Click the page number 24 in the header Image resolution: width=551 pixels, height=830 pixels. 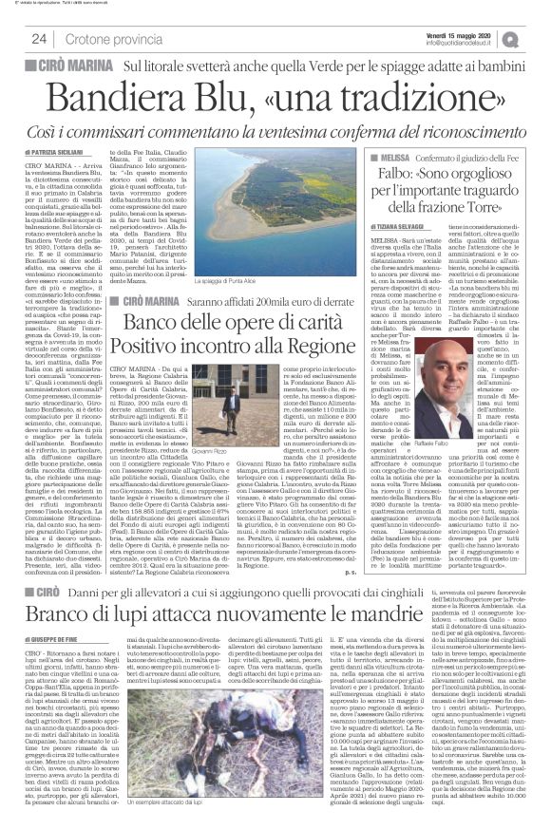tap(40, 38)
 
